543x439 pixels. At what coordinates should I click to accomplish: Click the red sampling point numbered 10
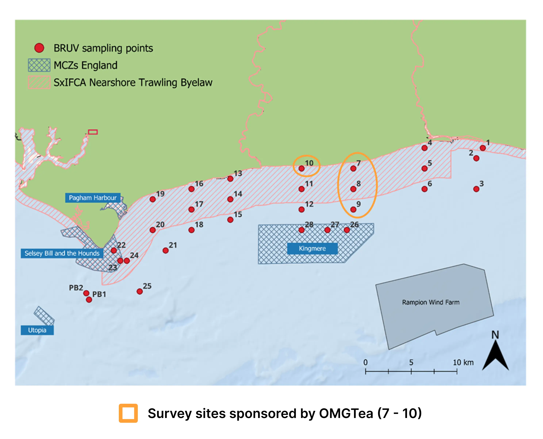pyautogui.click(x=302, y=168)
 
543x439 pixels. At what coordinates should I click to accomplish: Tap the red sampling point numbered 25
pyautogui.click(x=139, y=292)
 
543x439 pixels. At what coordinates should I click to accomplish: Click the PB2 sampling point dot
pyautogui.click(x=86, y=293)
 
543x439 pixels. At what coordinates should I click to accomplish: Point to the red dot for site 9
pyautogui.click(x=353, y=209)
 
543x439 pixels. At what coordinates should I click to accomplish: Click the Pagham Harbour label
pyautogui.click(x=93, y=198)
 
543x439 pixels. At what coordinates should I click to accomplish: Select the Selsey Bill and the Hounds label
pyautogui.click(x=62, y=253)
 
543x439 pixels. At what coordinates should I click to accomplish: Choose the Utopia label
pyautogui.click(x=37, y=330)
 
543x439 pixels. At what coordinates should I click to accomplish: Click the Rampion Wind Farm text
pyautogui.click(x=431, y=302)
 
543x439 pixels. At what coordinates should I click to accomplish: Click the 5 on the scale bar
pyautogui.click(x=411, y=362)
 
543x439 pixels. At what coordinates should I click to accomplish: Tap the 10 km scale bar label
pyautogui.click(x=463, y=362)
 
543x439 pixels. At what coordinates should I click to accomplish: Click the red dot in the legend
pyautogui.click(x=39, y=48)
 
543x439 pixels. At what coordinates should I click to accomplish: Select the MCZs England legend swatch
pyautogui.click(x=39, y=65)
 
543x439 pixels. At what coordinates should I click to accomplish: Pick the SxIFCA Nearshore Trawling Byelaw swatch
pyautogui.click(x=39, y=82)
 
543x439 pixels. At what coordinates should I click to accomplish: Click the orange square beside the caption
pyautogui.click(x=128, y=413)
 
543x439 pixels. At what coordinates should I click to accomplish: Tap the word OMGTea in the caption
pyautogui.click(x=346, y=413)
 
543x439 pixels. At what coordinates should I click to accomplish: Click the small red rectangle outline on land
pyautogui.click(x=93, y=132)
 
